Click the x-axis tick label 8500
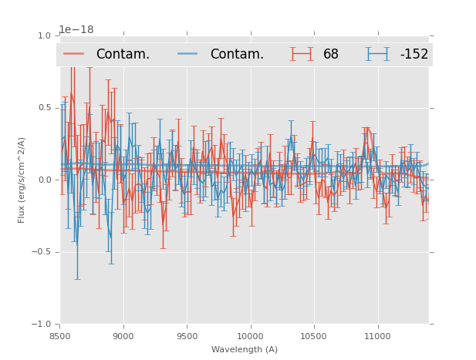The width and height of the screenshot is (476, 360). pyautogui.click(x=59, y=336)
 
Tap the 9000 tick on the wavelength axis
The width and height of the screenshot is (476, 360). pyautogui.click(x=123, y=336)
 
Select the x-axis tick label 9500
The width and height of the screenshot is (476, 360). pyautogui.click(x=187, y=336)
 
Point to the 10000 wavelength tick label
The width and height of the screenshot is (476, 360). pyautogui.click(x=250, y=336)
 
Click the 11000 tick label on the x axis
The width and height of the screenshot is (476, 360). pyautogui.click(x=377, y=336)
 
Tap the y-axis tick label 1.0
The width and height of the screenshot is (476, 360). pyautogui.click(x=44, y=35)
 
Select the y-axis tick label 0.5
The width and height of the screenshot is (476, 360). pyautogui.click(x=44, y=108)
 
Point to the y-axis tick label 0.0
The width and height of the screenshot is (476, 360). pyautogui.click(x=44, y=180)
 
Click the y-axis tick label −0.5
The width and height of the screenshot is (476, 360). pyautogui.click(x=42, y=252)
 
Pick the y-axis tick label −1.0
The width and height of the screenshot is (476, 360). pyautogui.click(x=42, y=325)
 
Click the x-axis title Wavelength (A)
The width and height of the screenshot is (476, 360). pyautogui.click(x=245, y=350)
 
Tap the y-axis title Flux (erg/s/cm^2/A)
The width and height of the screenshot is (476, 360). pyautogui.click(x=22, y=180)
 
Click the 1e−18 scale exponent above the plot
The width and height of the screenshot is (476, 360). pyautogui.click(x=76, y=29)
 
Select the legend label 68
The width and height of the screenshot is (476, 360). pyautogui.click(x=331, y=54)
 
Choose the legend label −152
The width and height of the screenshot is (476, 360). pyautogui.click(x=414, y=54)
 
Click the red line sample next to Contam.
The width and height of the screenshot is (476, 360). pyautogui.click(x=74, y=54)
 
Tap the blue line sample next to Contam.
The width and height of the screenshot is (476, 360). pyautogui.click(x=188, y=54)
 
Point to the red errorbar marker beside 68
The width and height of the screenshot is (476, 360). pyautogui.click(x=302, y=54)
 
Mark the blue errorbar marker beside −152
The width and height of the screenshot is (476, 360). pyautogui.click(x=377, y=54)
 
